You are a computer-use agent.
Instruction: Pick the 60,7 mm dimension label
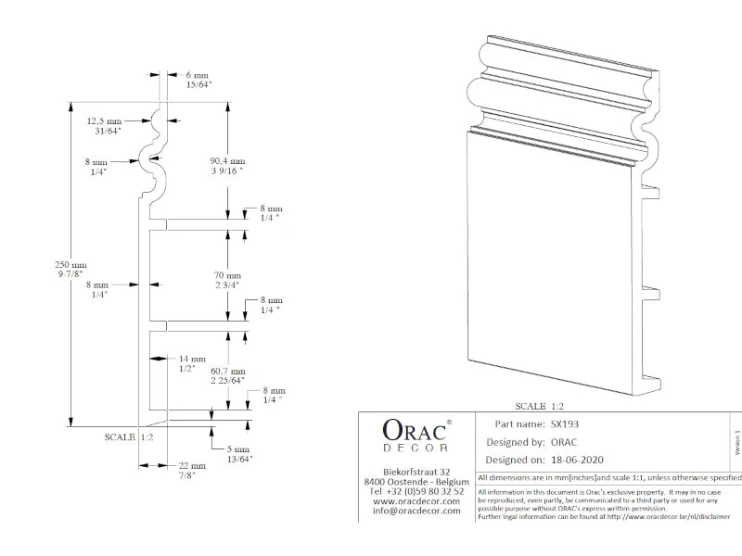point(227,374)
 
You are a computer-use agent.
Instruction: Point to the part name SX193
point(564,423)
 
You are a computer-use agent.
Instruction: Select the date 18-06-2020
point(576,459)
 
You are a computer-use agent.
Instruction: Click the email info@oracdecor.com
point(416,511)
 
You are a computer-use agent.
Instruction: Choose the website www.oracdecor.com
point(416,500)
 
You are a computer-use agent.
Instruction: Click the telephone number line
point(416,491)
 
